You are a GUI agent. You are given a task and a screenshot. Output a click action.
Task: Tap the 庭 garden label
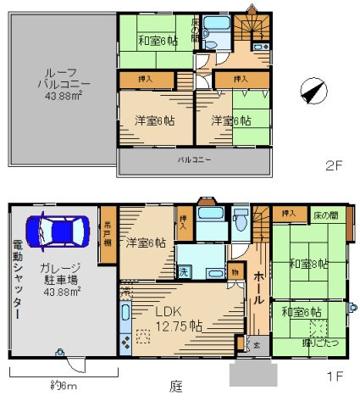click(175, 387)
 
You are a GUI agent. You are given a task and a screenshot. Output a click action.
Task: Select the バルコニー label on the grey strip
click(194, 159)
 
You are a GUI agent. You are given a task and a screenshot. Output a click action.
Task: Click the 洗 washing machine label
click(183, 272)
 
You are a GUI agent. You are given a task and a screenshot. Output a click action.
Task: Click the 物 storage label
click(234, 272)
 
